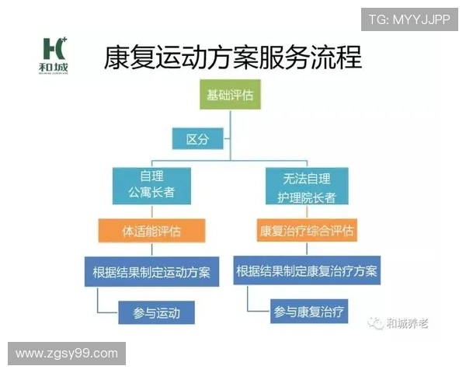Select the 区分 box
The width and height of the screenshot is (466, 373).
[x=198, y=139]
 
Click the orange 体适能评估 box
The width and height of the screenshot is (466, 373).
[x=151, y=231]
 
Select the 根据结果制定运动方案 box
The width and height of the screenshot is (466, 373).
[x=151, y=272]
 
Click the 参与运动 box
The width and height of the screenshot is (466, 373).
[x=156, y=313]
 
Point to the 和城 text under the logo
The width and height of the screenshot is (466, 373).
[x=55, y=68]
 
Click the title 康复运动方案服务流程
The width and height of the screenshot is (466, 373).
[x=233, y=58]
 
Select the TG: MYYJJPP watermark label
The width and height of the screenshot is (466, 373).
[x=409, y=19]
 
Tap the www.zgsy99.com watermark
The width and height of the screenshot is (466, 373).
[x=67, y=354]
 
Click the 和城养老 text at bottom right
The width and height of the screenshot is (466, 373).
[x=407, y=322]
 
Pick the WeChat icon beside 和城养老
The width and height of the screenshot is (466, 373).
[x=377, y=322]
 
